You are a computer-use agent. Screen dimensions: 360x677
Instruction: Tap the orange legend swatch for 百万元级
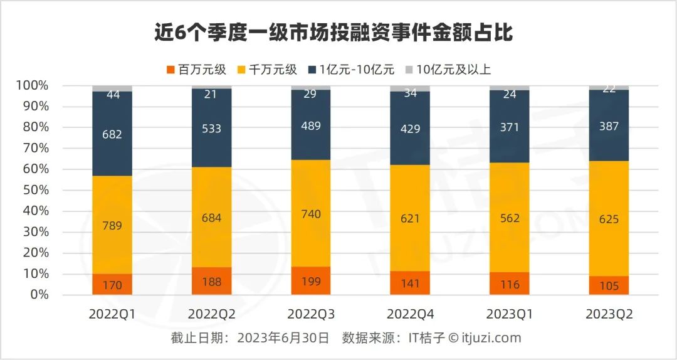(x=169, y=70)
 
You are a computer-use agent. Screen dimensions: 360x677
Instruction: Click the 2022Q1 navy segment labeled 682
(x=112, y=134)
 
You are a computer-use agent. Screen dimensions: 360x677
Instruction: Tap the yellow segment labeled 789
(x=112, y=225)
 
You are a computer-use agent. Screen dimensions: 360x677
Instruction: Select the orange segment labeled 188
(x=211, y=281)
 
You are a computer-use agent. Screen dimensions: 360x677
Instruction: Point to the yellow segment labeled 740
(x=310, y=214)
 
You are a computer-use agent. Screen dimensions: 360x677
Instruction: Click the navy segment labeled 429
(x=410, y=128)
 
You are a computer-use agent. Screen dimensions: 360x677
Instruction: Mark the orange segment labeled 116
(x=509, y=284)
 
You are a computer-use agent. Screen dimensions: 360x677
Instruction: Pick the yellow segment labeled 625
(x=608, y=219)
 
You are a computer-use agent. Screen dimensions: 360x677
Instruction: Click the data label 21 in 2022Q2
(x=211, y=94)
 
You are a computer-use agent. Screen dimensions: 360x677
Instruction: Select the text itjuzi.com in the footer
(x=493, y=339)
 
